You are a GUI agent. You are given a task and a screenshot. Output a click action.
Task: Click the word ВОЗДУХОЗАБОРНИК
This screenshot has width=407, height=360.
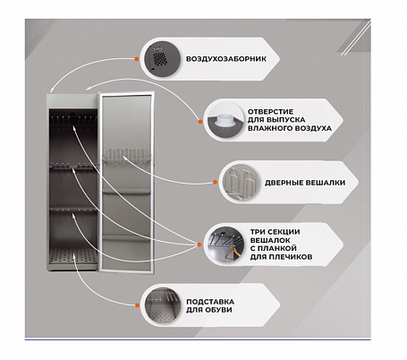coord(226,59)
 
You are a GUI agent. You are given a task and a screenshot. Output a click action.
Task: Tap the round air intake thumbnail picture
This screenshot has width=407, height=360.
coord(163,59)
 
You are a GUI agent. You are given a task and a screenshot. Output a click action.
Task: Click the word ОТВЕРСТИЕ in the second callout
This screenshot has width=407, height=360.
coord(270,112)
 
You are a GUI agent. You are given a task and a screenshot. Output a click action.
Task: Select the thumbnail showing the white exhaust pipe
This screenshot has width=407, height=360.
coord(225,120)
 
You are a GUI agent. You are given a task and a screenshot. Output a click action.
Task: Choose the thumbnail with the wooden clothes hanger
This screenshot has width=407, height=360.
coord(225,244)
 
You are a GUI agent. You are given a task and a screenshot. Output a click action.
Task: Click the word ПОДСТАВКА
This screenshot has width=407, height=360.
coord(210,302)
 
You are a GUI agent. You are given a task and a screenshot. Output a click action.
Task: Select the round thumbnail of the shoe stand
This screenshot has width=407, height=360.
coord(163,305)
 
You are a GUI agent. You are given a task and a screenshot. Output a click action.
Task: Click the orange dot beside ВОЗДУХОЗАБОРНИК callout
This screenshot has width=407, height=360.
coord(137,59)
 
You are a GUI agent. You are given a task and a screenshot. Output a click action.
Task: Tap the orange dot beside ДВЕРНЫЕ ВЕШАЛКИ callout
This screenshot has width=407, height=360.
coord(215,182)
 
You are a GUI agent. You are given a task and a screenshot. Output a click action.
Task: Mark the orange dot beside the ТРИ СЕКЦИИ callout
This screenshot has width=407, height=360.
coord(199,244)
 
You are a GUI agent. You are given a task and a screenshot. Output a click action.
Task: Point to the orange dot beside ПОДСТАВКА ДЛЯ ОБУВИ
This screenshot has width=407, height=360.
coord(137,305)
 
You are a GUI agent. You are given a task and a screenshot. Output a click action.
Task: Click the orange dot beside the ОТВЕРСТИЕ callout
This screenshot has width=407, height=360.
coord(200,122)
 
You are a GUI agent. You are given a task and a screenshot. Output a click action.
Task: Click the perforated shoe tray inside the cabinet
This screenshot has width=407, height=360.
coord(73,256)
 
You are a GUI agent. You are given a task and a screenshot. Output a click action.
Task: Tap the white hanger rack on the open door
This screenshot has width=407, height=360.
coord(127,156)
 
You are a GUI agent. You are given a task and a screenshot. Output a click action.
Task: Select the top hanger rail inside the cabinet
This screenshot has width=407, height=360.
coord(73,120)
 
